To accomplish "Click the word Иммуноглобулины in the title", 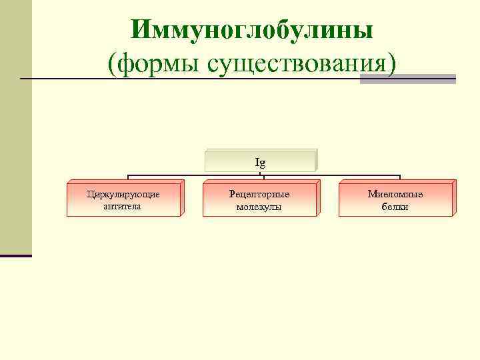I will (252, 30).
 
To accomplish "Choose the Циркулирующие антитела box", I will (123, 199).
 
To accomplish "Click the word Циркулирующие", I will (123, 194).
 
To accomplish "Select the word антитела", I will (123, 206).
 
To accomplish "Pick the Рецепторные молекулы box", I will (259, 199).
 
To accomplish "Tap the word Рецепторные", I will (259, 194).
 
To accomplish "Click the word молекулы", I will (259, 207).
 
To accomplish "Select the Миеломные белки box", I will (395, 199).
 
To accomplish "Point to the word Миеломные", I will (395, 194).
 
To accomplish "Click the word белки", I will (395, 207).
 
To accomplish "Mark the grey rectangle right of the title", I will (407, 79).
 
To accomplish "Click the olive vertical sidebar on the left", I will (15, 127).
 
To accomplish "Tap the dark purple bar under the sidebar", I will (15, 255).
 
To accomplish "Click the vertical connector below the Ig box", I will (264, 175).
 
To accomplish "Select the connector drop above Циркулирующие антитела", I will (128, 179).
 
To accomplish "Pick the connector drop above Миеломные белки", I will (400, 179).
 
